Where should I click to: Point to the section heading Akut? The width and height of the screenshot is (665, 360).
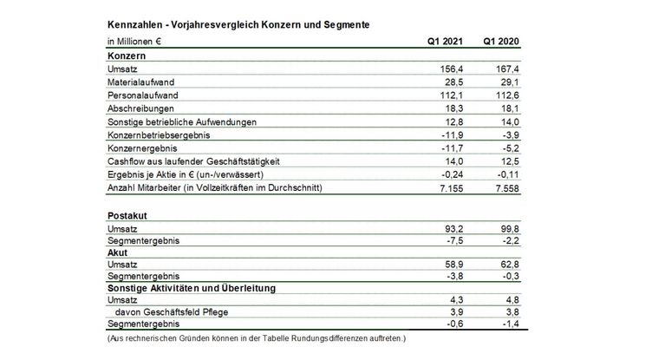click(118, 255)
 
